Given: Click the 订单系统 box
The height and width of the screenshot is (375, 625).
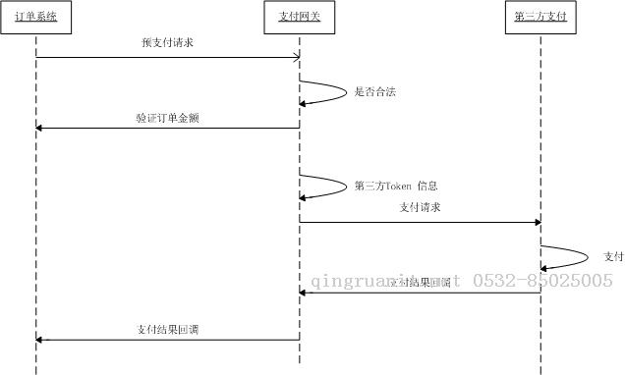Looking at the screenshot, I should (x=35, y=18).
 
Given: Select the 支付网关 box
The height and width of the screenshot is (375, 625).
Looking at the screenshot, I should (x=299, y=18).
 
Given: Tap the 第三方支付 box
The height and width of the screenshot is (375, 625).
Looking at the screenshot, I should (x=540, y=18).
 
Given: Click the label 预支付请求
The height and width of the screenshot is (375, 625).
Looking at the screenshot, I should (x=167, y=44).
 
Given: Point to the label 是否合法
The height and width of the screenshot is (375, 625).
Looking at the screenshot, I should (x=374, y=92).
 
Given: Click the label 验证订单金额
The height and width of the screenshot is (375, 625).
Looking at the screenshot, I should (x=168, y=118).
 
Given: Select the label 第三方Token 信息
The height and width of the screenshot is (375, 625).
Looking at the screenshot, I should (x=395, y=185).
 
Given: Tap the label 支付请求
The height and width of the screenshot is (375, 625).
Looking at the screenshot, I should (x=420, y=207).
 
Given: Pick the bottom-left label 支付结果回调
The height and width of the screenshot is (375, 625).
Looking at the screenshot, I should (x=168, y=330).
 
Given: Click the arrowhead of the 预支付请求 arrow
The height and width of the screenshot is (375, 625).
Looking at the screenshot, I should (x=295, y=58).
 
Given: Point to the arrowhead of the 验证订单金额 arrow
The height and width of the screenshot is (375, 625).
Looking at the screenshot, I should (x=40, y=128).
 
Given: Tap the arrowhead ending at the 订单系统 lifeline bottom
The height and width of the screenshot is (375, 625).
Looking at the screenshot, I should (x=40, y=340).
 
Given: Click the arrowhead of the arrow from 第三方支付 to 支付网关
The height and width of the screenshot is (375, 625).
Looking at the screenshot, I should (x=304, y=293).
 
